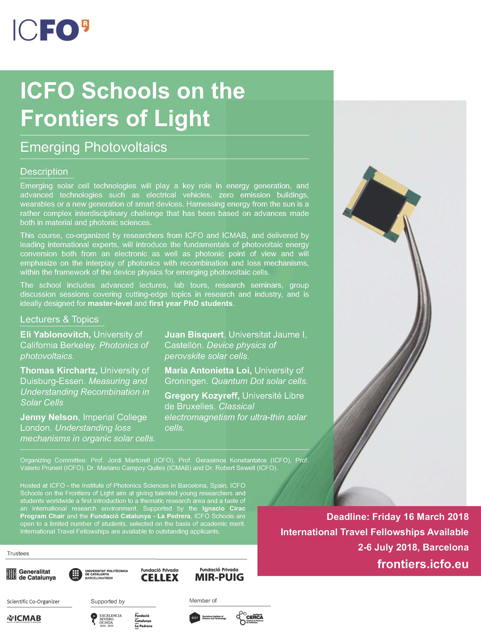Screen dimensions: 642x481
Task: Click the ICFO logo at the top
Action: pos(51,30)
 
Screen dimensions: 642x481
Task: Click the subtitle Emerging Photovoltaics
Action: pos(93,147)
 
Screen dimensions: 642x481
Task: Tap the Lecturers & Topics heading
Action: pos(59,319)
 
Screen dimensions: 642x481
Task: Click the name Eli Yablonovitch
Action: pos(55,335)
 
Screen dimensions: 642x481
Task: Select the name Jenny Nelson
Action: pos(49,417)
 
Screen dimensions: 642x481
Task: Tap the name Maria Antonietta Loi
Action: pos(208,370)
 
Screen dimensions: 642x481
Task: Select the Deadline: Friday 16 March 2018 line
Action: pos(397,517)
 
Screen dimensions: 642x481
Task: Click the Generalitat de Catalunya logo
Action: pos(31,574)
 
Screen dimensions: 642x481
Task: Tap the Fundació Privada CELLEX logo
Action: pos(159,575)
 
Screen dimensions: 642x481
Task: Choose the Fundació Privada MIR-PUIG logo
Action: pos(219,575)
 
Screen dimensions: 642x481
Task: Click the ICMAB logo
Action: pos(24,618)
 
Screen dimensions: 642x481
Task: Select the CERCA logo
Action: pos(250,618)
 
